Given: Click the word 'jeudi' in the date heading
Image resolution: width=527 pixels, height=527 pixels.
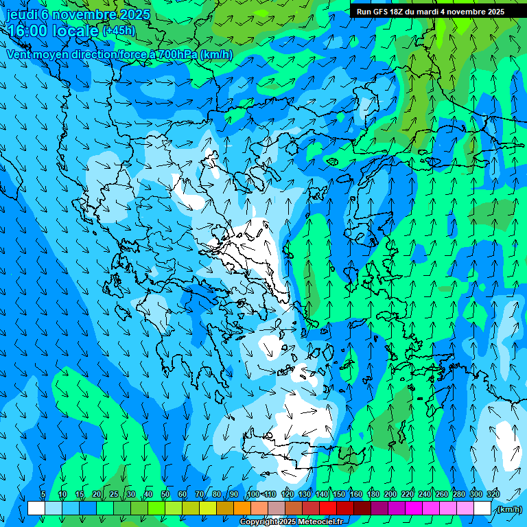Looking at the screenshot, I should point(21,14).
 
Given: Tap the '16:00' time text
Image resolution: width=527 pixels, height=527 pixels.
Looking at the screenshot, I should point(28,31).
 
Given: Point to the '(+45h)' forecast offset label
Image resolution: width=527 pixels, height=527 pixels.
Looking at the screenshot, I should point(119,30).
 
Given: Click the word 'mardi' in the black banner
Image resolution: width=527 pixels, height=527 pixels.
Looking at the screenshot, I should point(430,12).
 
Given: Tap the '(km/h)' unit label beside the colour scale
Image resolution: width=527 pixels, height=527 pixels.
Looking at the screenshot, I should point(508,509).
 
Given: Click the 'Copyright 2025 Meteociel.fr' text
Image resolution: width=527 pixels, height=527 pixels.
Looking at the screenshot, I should point(291,522).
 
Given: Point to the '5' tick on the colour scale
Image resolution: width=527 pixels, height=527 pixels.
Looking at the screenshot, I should point(43,495).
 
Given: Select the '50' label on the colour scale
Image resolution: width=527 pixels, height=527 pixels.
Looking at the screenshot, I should point(165,495).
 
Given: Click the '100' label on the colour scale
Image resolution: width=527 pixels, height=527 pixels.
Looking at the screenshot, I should point(253,495).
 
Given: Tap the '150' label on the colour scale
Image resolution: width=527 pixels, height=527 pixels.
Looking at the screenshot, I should point(339,495).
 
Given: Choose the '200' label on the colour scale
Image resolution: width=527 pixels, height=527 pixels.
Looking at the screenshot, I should point(390,495).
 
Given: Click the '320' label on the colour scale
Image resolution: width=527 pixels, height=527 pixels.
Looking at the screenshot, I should point(493,495).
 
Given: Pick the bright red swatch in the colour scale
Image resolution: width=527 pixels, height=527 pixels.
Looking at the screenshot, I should point(328,508).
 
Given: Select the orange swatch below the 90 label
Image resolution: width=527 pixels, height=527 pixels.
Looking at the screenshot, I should point(242,508).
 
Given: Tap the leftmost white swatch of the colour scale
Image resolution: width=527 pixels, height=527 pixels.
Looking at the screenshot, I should point(36,508).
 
